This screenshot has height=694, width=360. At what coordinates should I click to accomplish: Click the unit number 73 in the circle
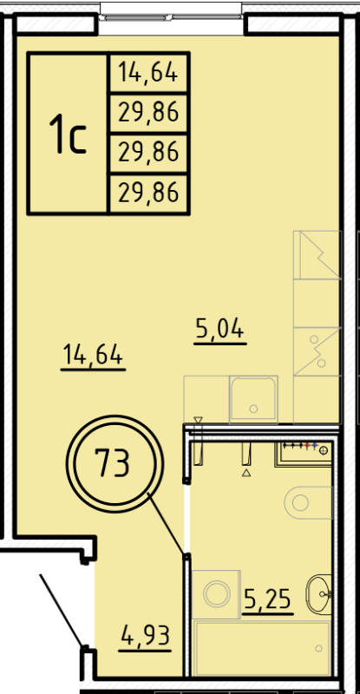click(x=114, y=466)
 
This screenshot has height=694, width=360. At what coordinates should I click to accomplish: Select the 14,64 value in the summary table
click(x=148, y=73)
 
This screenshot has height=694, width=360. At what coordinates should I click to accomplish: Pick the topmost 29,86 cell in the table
click(x=148, y=112)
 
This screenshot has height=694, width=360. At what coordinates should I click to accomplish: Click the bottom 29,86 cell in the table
click(x=148, y=193)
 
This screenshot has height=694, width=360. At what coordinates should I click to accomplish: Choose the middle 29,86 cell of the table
click(x=148, y=153)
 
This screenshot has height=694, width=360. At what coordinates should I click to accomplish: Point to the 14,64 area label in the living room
click(x=94, y=356)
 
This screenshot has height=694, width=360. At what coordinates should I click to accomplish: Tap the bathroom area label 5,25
click(x=267, y=598)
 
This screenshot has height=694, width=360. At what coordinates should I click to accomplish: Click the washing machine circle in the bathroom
click(x=216, y=594)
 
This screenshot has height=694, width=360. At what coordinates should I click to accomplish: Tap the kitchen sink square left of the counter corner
click(x=252, y=399)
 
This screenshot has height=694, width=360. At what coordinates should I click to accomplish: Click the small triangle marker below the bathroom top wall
click(x=246, y=474)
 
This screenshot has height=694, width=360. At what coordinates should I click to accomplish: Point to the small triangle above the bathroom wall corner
click(x=198, y=420)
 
